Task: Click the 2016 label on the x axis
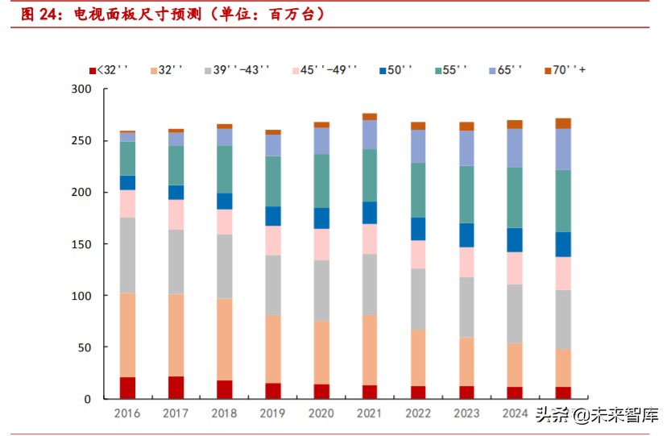(127, 413)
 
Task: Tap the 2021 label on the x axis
(370, 413)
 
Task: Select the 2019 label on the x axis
(273, 413)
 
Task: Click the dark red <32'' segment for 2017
(176, 388)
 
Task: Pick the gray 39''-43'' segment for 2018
(225, 266)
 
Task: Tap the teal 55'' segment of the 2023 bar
(466, 194)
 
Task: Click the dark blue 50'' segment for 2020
(321, 218)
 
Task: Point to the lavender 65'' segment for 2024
(515, 147)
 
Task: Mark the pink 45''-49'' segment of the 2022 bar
(418, 255)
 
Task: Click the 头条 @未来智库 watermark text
(597, 415)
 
